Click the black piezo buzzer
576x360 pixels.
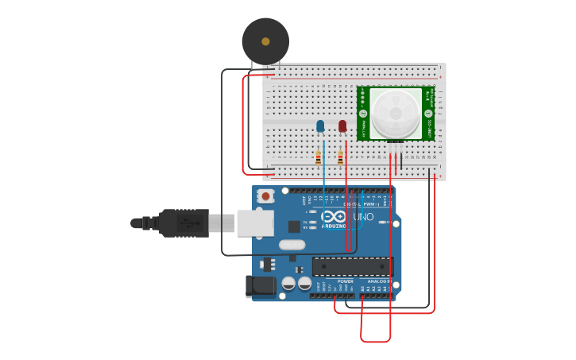(265, 41)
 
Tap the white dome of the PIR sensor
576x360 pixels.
(396, 112)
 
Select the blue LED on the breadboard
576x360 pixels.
(320, 126)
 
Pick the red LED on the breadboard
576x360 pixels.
(342, 126)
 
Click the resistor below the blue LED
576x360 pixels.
(319, 157)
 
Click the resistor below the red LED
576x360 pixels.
(340, 157)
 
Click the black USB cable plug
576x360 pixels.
(184, 223)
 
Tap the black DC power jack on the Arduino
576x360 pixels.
(261, 287)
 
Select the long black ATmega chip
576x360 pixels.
(352, 267)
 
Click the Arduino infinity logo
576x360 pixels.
(334, 217)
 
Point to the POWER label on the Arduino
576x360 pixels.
(346, 281)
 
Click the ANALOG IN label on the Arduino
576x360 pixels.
(377, 281)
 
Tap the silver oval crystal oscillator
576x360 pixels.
(292, 245)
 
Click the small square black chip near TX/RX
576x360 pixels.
(294, 226)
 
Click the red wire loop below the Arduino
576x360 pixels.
(376, 341)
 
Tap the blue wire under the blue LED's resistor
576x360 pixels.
(324, 178)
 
